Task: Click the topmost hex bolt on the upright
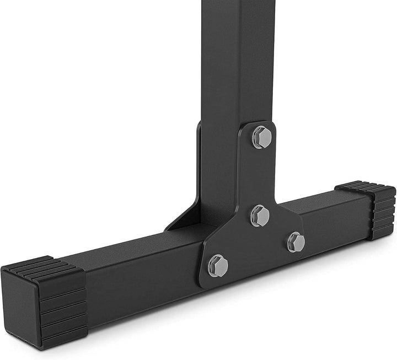tap(261, 137)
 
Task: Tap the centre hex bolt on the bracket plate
tap(260, 215)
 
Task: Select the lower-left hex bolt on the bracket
tap(218, 265)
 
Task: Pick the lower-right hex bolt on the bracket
tap(296, 241)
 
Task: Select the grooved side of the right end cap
tap(384, 212)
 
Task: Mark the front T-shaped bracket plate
tap(243, 243)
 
